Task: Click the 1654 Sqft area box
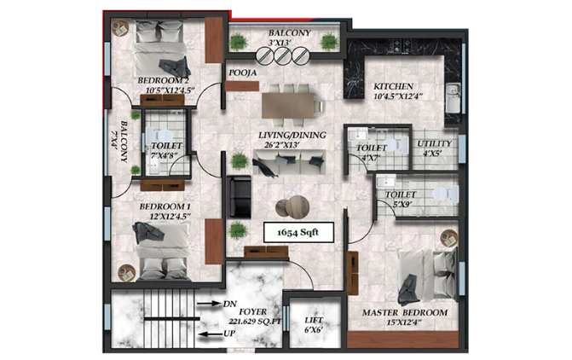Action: [x=298, y=232]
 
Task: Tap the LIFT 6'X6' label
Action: [x=314, y=325]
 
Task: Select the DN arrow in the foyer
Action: [x=210, y=303]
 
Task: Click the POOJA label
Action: [x=243, y=73]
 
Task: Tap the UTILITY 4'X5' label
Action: [x=434, y=148]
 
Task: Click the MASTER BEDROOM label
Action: [x=405, y=312]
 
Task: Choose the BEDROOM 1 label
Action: [x=165, y=206]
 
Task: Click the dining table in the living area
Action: [x=288, y=106]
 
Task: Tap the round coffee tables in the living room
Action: [x=292, y=207]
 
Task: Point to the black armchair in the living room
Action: [x=239, y=197]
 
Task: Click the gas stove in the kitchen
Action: [x=402, y=45]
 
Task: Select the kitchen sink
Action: [x=453, y=98]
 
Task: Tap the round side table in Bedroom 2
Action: [x=120, y=28]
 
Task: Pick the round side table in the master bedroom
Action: [x=449, y=238]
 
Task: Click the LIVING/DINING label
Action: [x=292, y=135]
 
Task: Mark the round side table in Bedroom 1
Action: [x=126, y=273]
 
